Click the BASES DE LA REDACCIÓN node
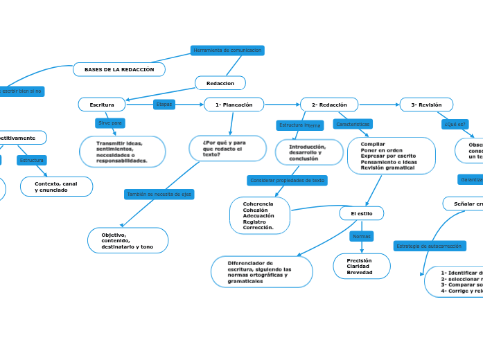119,70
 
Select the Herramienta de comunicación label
227,51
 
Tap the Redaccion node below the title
220,83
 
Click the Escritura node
102,105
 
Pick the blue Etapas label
164,105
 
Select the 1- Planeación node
234,105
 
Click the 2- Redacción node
329,105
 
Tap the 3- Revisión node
426,105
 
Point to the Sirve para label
110,123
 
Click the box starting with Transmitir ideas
122,152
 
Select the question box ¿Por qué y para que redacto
227,148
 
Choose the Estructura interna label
299,125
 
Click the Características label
353,124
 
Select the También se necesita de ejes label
159,195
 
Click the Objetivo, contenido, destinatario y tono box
128,241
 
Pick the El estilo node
361,213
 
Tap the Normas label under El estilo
362,237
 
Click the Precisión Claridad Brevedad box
361,267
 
